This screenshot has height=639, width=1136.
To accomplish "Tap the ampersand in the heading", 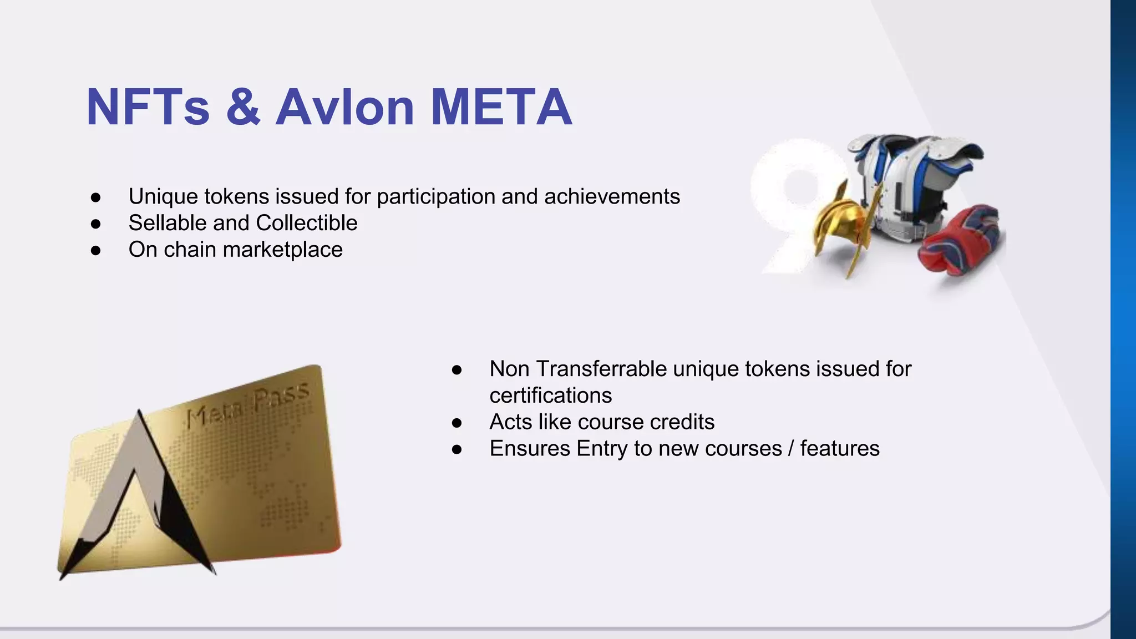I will pos(243,107).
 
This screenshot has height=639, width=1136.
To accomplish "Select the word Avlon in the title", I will pos(344,107).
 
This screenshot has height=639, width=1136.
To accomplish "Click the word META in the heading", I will pos(501,107).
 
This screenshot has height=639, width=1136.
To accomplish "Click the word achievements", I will pos(612,197).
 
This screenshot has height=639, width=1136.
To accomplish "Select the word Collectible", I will pos(307,223).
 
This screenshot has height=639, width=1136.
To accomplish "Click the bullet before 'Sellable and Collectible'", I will pos(96,224).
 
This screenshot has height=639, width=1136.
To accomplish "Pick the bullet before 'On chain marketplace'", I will pos(96,251).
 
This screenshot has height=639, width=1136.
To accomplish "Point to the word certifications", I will pos(551,395).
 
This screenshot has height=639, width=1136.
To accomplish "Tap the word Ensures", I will pos(529,449).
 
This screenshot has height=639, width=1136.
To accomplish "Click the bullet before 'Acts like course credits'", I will pos(457,423).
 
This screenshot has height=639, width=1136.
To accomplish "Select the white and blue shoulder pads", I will pos(915,177).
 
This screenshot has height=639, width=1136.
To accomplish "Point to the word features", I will pos(839,449).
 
